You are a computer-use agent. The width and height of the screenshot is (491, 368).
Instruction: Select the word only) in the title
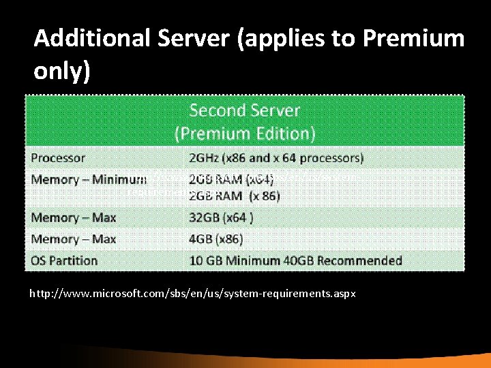point(62,70)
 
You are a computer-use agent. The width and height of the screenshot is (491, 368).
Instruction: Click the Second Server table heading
point(244,111)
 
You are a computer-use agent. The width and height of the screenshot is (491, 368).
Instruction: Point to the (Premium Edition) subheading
point(244,133)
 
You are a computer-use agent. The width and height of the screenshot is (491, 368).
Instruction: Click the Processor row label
point(59,157)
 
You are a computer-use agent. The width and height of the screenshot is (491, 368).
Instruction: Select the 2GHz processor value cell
point(276,157)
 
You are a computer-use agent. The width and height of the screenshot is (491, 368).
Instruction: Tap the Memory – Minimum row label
point(89,180)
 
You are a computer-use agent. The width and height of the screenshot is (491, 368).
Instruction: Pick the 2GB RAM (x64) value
point(231,180)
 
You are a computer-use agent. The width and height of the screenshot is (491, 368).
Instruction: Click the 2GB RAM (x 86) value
point(234,196)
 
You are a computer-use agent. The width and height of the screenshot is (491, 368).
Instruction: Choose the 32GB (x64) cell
point(221,218)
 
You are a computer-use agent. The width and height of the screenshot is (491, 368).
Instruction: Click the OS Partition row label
point(64,260)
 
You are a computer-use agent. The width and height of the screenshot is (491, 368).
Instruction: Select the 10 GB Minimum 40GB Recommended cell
point(295,260)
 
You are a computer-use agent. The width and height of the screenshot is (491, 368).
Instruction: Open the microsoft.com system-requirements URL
point(192,294)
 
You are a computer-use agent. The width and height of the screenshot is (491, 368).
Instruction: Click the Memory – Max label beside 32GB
point(74,218)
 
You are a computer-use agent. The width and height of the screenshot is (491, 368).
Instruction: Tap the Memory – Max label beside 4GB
point(74,239)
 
